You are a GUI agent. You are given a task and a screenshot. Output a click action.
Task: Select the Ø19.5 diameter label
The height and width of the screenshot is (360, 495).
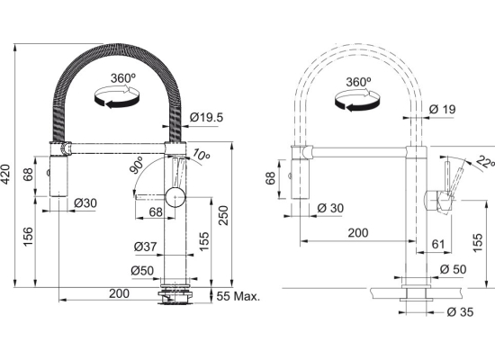point(206,118)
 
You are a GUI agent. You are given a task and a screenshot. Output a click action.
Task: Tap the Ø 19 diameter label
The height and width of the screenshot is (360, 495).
point(443,110)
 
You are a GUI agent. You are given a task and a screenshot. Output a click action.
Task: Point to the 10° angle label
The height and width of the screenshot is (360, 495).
point(201,154)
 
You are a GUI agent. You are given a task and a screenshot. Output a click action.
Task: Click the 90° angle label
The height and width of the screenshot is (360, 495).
point(137,165)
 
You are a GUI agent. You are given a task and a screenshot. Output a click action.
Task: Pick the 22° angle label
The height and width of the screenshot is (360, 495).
point(485,162)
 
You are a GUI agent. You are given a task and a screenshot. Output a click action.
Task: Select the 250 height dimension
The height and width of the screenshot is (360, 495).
point(223,215)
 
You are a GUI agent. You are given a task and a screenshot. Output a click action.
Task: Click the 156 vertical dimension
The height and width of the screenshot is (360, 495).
point(28,238)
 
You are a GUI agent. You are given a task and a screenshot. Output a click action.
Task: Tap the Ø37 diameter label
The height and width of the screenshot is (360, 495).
point(145,247)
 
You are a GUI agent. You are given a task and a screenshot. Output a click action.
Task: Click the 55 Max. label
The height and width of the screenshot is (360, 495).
point(238,296)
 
